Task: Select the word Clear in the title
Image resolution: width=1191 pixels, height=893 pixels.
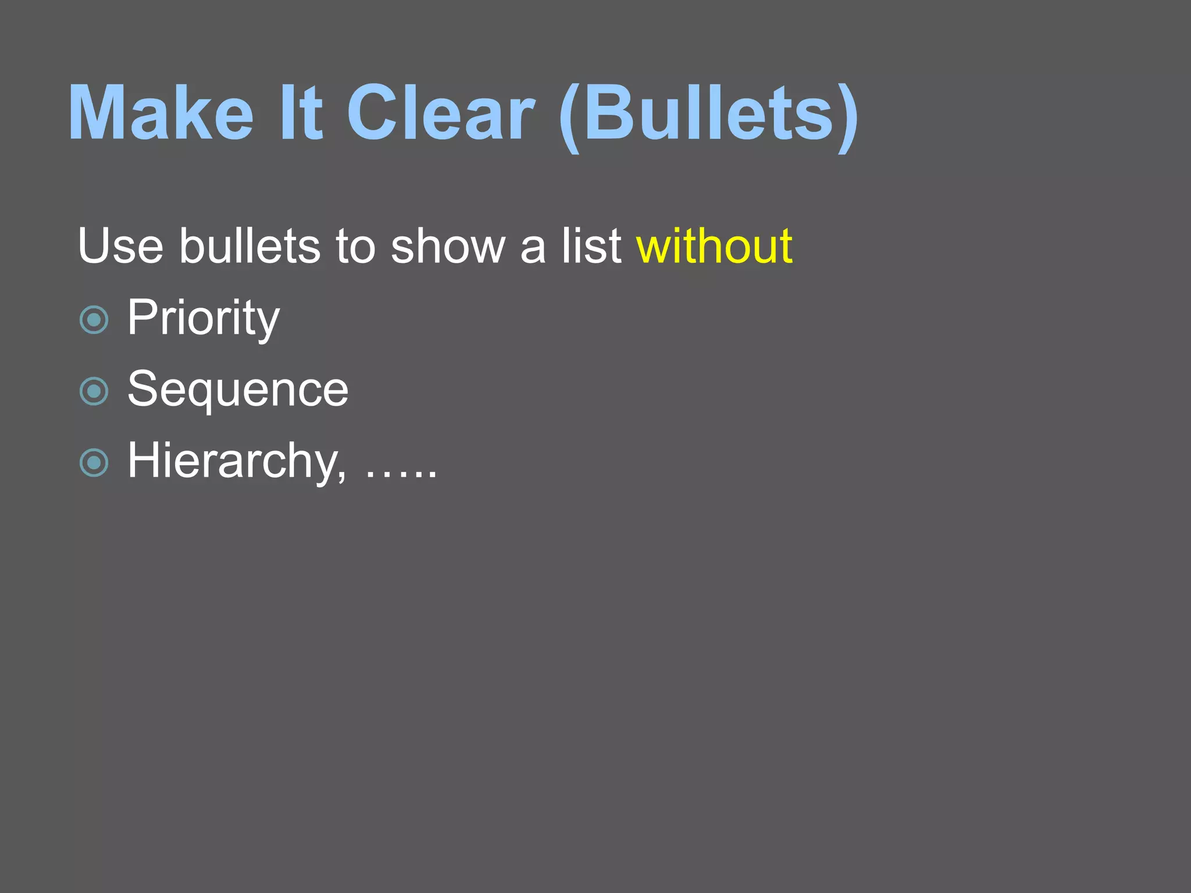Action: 440,113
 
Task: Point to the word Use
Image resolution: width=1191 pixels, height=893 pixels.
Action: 120,247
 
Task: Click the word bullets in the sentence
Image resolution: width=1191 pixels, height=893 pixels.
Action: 249,247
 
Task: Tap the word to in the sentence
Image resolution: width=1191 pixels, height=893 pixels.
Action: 355,247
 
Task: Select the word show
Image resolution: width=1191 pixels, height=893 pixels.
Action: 448,247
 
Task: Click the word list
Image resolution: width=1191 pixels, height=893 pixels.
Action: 591,247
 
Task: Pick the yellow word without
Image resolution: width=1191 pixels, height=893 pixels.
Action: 714,247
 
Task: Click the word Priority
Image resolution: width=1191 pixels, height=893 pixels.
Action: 204,318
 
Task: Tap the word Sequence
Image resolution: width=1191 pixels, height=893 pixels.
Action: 238,390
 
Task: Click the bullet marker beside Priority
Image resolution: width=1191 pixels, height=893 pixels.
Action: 94,320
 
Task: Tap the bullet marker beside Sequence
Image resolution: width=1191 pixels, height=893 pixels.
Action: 94,391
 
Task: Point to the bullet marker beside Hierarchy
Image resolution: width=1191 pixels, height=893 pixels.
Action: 94,463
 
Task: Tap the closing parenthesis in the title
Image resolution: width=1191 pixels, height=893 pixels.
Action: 847,116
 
